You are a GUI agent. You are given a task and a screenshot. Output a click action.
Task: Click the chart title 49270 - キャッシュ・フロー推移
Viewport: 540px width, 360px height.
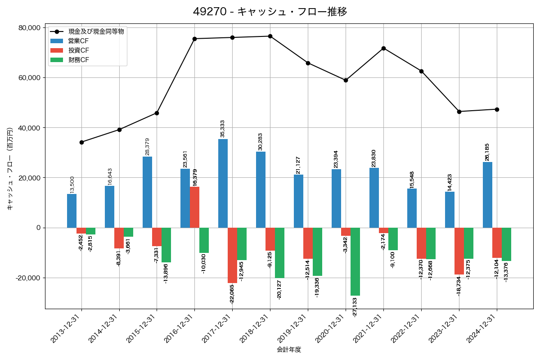pyautogui.click(x=270, y=12)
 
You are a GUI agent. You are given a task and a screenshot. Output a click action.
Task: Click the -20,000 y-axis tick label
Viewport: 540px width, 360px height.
pyautogui.click(x=28, y=278)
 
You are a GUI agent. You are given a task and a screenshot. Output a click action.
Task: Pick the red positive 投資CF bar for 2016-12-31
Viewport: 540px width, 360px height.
pyautogui.click(x=194, y=207)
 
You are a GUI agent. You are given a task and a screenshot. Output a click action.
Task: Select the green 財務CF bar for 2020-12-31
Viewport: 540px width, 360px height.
pyautogui.click(x=355, y=261)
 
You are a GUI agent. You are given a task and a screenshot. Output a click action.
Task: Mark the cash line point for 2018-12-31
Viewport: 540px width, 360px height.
pyautogui.click(x=270, y=36)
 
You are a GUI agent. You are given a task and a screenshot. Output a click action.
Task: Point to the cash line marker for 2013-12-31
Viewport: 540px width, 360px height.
pyautogui.click(x=81, y=142)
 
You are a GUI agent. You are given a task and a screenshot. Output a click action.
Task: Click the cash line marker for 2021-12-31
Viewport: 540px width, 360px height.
pyautogui.click(x=383, y=48)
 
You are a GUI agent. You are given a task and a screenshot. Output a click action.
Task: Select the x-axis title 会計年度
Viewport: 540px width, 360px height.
pyautogui.click(x=289, y=350)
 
